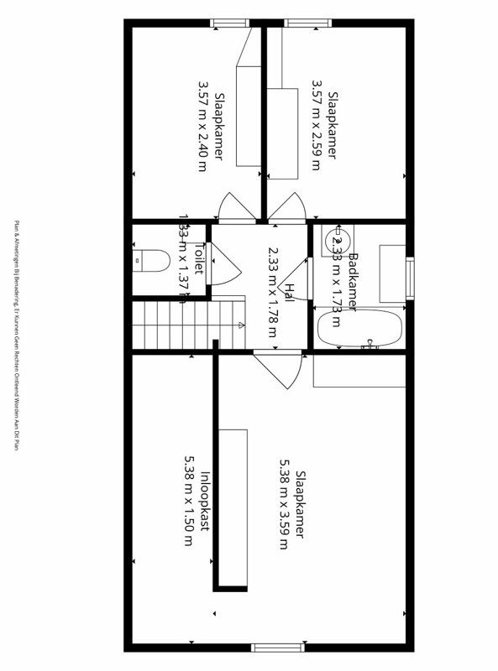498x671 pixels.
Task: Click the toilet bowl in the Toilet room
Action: (x=149, y=260)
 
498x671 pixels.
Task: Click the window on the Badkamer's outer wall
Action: (x=411, y=277)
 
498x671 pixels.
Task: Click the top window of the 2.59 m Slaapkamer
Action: (x=298, y=23)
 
